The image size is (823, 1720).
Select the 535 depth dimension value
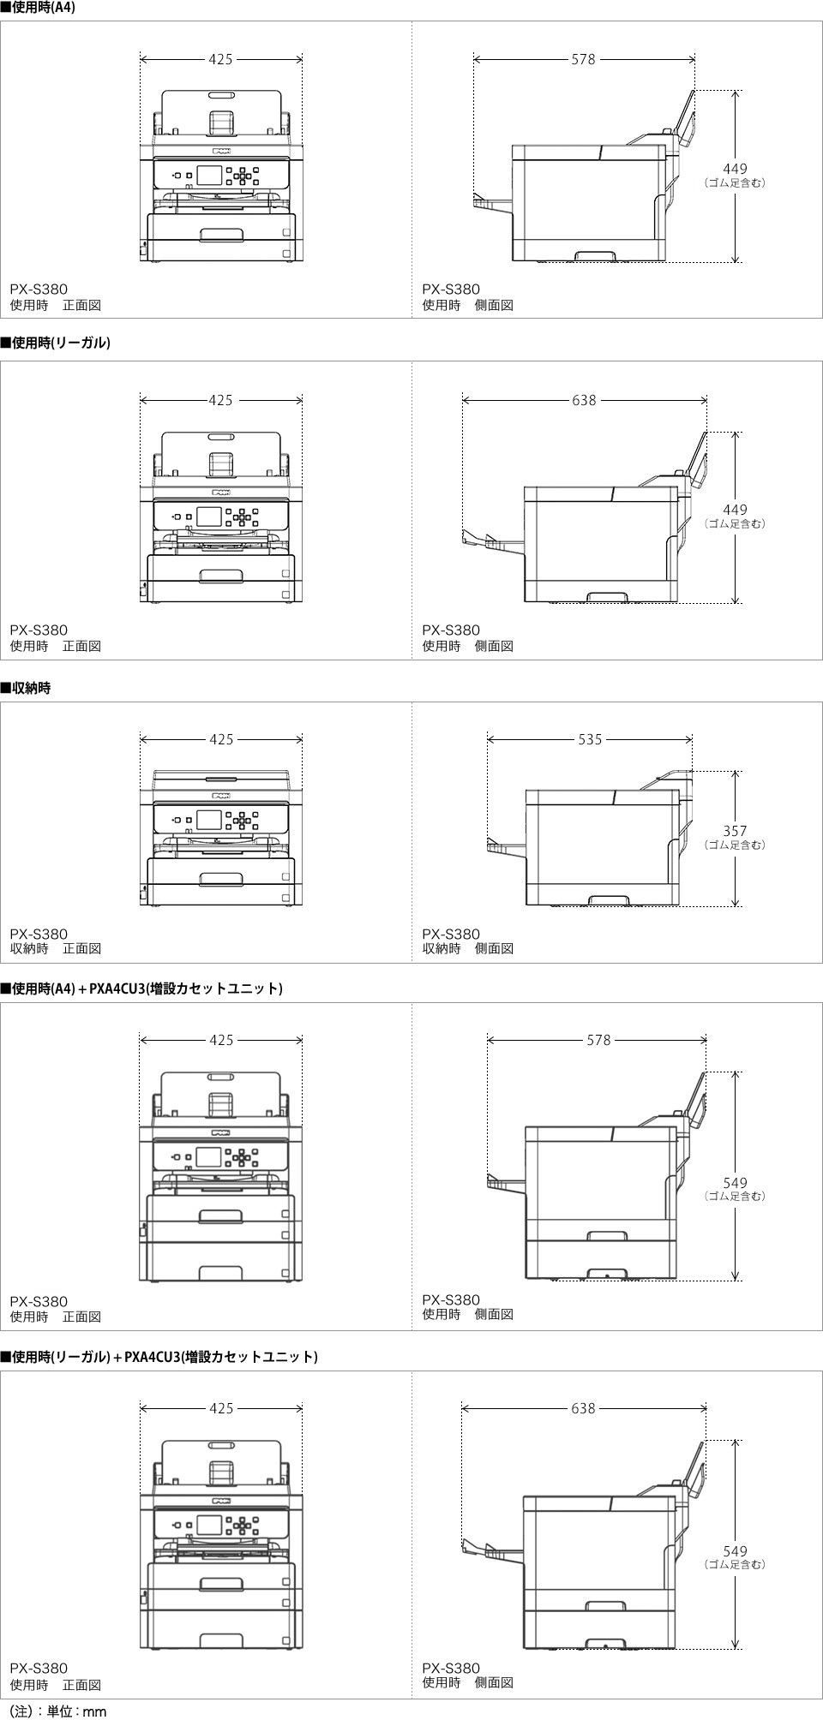(590, 739)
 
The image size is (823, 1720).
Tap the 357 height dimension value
(735, 831)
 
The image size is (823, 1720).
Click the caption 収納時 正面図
(56, 948)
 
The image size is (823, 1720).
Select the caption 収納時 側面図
(467, 948)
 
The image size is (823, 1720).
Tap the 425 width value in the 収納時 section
(221, 739)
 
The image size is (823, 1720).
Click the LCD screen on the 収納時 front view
(209, 820)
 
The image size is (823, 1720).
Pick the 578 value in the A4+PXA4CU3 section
(598, 1040)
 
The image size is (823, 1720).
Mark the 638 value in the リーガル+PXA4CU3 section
(583, 1408)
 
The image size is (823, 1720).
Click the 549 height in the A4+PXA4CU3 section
(735, 1183)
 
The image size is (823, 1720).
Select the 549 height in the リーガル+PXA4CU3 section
(735, 1551)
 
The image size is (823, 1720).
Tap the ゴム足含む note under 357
(735, 845)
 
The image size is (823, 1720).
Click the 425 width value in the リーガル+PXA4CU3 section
(221, 1408)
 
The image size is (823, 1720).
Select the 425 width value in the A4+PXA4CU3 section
(221, 1040)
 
